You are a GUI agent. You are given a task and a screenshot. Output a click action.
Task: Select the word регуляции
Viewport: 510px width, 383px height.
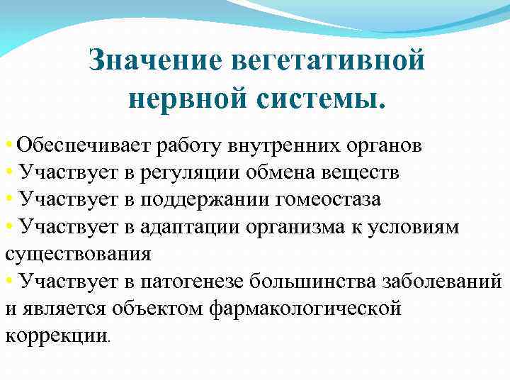[x=192, y=173]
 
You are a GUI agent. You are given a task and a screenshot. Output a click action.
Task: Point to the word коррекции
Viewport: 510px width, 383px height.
[x=56, y=335]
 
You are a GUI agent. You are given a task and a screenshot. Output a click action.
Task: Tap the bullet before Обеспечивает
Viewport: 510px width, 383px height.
[x=8, y=146]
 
